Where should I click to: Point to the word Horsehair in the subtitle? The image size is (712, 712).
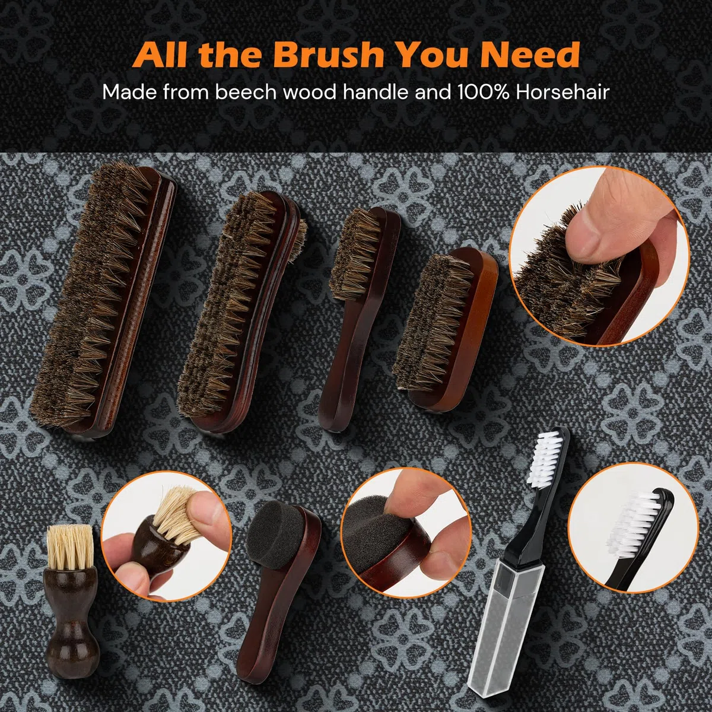tap(562, 92)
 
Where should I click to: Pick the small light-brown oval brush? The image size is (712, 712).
tap(446, 329)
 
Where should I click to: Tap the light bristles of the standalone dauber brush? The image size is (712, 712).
tap(70, 543)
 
